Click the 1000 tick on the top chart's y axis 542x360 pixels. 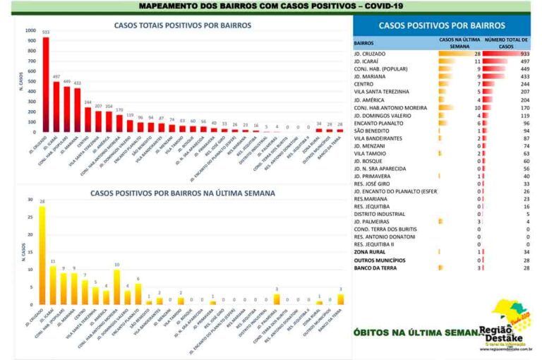tap(29, 31)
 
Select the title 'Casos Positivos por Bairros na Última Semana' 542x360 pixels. tap(182, 193)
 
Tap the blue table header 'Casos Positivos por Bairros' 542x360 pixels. tap(442, 25)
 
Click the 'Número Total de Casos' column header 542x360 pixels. tap(507, 43)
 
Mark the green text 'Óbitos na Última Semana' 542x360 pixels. tap(416, 331)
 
